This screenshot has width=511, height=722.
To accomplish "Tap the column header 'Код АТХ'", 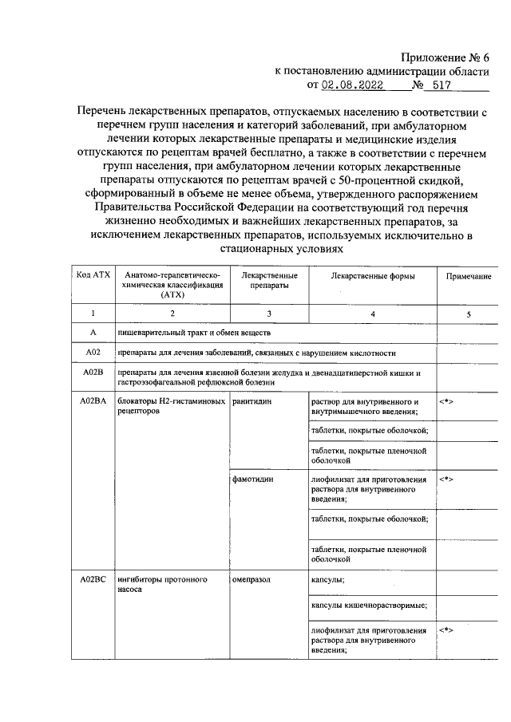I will coord(93,275).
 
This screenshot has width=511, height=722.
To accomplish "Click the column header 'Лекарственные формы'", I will coord(372,276).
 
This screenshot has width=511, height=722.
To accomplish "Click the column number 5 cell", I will coord(469,314).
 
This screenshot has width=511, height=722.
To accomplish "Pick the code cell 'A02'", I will coord(93,352).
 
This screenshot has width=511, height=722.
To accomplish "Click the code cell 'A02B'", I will coord(93,373).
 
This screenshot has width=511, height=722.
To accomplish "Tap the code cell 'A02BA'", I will coord(93,401).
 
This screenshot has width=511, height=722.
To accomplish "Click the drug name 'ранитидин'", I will coord(252,401).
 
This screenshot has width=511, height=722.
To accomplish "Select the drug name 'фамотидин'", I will coord(253,480).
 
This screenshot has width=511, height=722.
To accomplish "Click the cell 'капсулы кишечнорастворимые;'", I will coord(368,606).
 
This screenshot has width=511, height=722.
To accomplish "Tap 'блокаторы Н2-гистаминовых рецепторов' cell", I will coord(171,407).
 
